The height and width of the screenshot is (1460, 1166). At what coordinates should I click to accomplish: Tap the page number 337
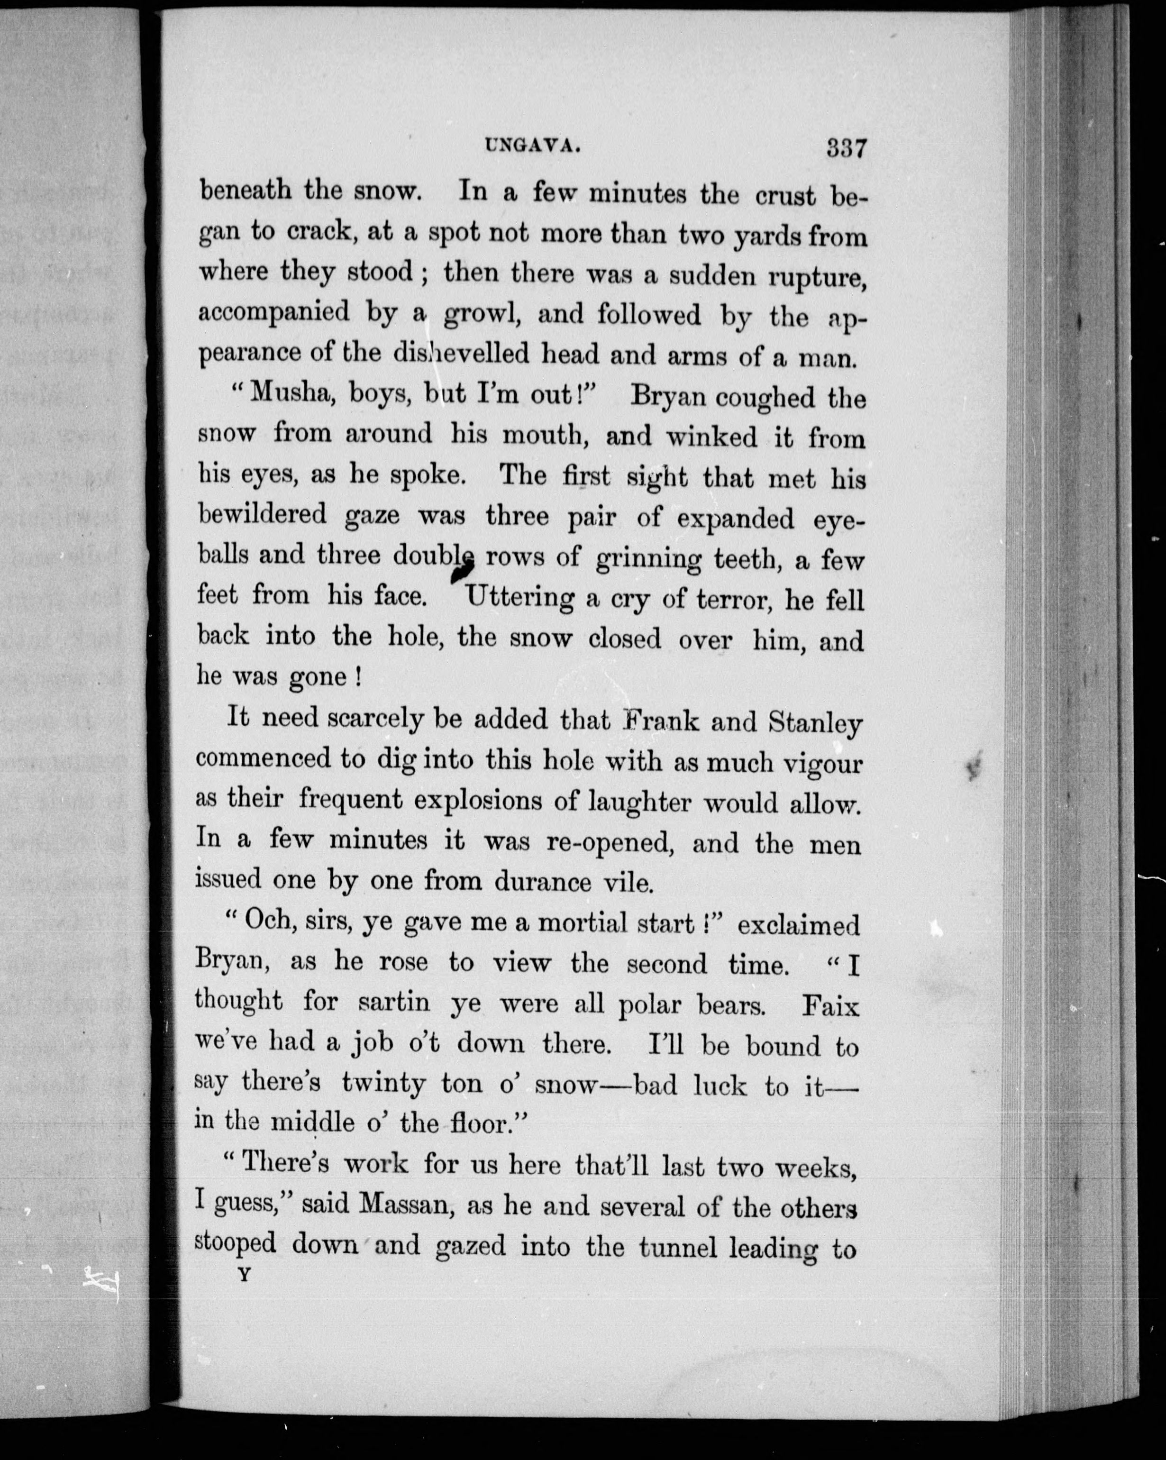846,147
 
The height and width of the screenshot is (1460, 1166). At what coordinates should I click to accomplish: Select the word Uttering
520,598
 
